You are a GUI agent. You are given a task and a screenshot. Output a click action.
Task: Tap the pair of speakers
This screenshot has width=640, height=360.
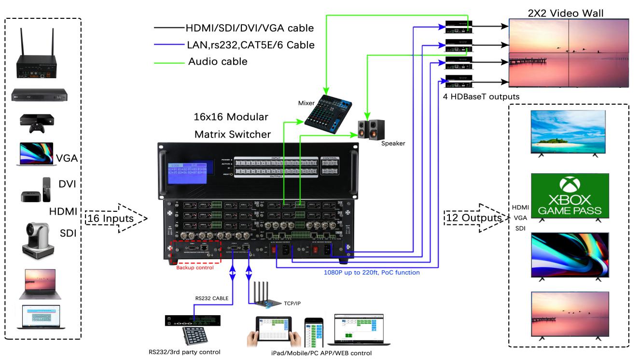(x=370, y=129)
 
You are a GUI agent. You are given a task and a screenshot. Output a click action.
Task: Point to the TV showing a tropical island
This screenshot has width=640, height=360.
(x=568, y=132)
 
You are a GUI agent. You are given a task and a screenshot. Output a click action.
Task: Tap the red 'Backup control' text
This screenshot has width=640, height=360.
(x=195, y=268)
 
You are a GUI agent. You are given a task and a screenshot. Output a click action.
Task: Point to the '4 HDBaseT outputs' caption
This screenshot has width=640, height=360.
(x=480, y=97)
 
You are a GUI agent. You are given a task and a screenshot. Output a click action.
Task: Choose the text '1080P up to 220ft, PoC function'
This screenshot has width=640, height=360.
(x=371, y=273)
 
